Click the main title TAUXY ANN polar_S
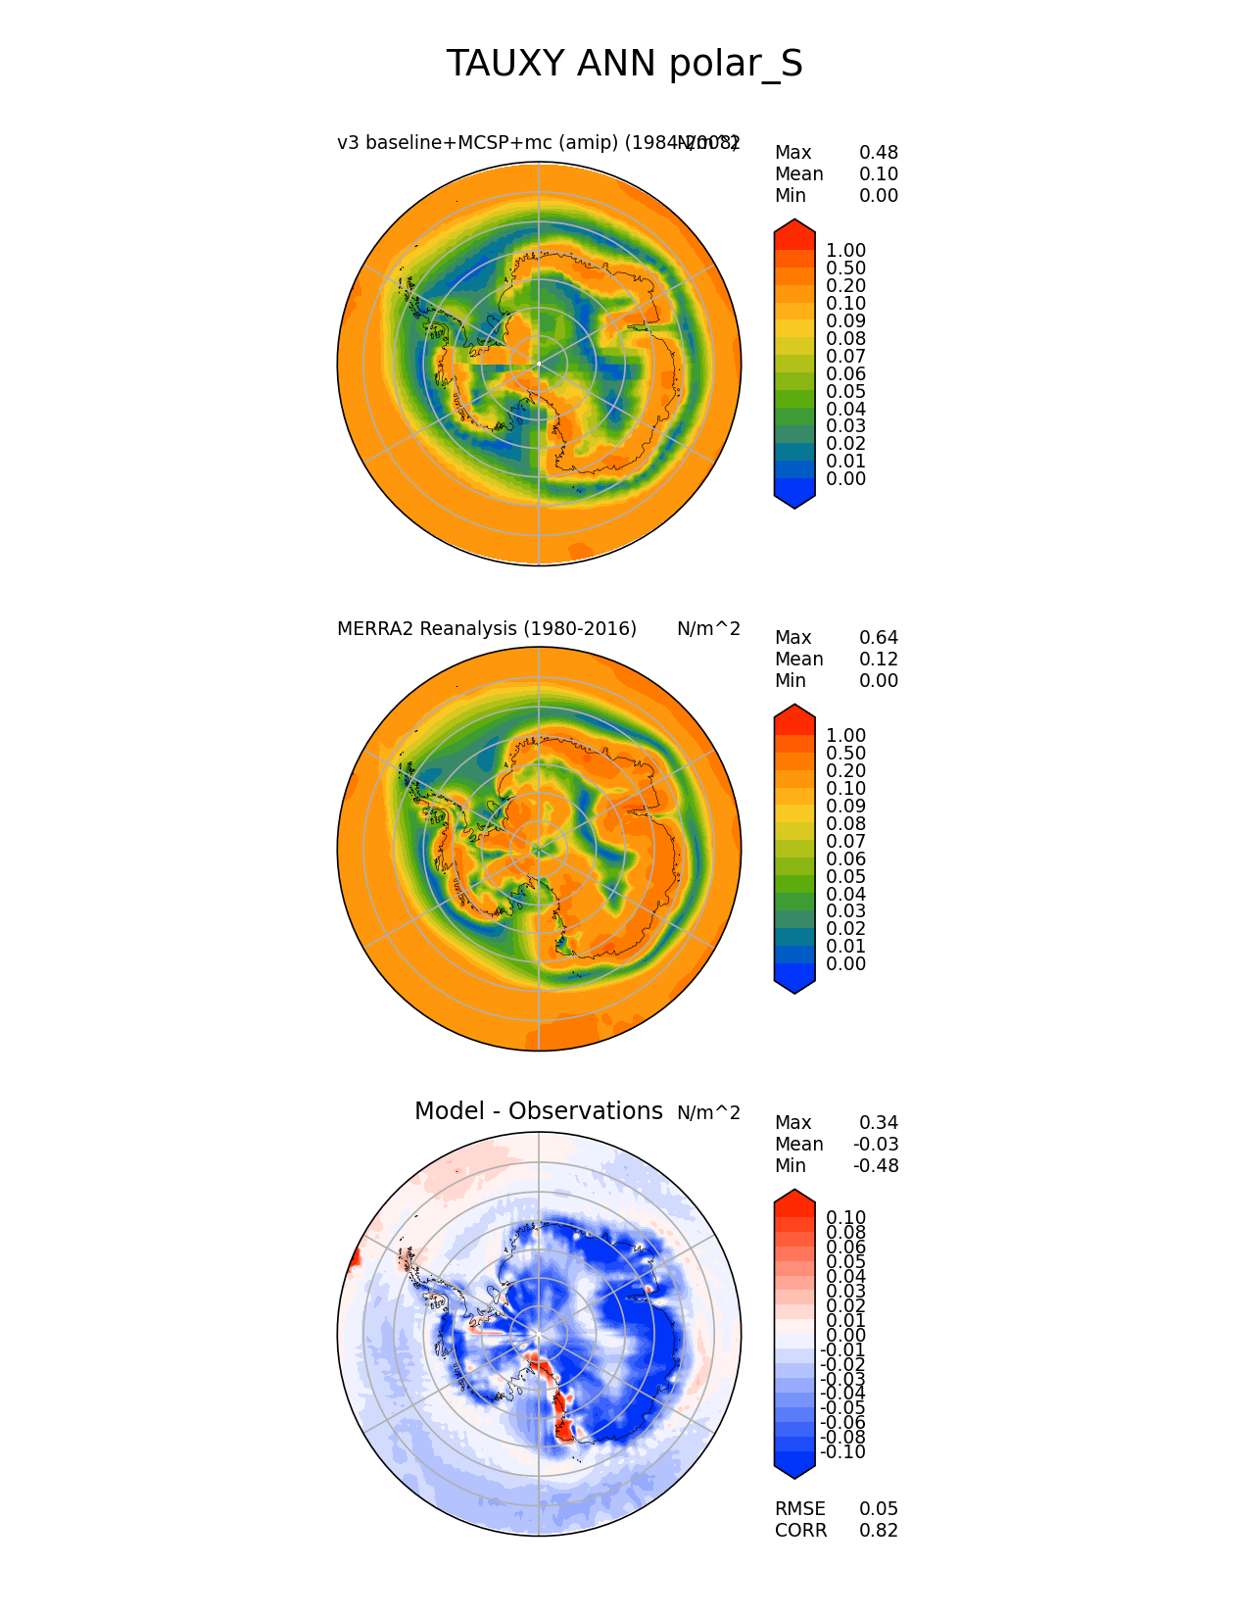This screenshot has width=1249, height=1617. coord(624,65)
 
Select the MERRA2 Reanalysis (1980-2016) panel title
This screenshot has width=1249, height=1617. coord(487,629)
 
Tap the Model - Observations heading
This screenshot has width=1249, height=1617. coord(538,1111)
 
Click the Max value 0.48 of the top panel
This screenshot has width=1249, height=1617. coord(878,153)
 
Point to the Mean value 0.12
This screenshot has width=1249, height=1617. coord(878,660)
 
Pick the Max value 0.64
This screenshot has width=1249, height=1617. coord(878,638)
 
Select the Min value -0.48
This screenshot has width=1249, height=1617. coord(876,1166)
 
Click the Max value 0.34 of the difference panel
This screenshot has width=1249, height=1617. coord(878,1123)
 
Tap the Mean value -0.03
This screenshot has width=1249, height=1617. coord(876,1145)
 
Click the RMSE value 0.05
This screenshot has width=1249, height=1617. coord(878,1509)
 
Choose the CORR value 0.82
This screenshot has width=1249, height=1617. coord(878,1531)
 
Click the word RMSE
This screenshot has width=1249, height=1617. coord(799,1509)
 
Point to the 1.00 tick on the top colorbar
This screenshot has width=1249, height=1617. coord(845,251)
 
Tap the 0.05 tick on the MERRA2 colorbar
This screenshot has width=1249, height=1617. coord(845,877)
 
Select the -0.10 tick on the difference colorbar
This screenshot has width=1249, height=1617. coord(842,1452)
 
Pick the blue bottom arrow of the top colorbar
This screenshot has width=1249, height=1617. coord(794,498)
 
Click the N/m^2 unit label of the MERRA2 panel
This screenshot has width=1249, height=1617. coord(708,629)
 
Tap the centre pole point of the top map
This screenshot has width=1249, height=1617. coord(539,365)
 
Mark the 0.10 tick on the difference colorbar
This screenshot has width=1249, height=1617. coord(845,1218)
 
